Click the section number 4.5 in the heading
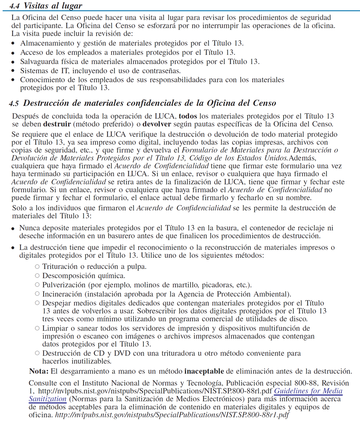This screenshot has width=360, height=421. (x=14, y=104)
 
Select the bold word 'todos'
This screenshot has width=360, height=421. (x=188, y=117)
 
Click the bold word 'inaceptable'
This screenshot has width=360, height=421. (x=204, y=371)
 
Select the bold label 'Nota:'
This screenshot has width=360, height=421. (x=39, y=371)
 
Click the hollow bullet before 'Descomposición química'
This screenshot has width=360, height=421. (x=37, y=275)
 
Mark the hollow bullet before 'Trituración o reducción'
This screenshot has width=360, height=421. (x=37, y=267)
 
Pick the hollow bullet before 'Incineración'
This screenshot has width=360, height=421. (x=37, y=294)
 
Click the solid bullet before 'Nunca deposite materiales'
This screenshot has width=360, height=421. (x=13, y=229)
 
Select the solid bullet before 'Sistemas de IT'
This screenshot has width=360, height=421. (x=13, y=71)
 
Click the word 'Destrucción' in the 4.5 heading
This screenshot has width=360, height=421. (x=46, y=103)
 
